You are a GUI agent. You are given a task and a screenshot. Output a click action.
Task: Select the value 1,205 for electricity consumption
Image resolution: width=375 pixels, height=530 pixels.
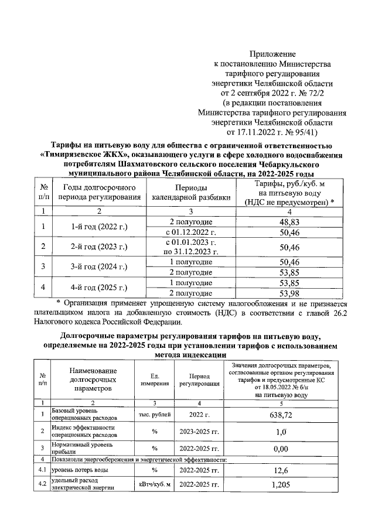[x=279, y=485]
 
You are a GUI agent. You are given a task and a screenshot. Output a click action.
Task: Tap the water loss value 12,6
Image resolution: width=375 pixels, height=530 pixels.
[x=279, y=470]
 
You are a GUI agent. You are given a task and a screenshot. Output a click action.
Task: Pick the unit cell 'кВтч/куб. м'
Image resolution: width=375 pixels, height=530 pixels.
[x=155, y=485]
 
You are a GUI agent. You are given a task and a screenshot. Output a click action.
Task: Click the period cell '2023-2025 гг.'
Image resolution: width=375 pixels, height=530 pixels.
[x=199, y=432]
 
